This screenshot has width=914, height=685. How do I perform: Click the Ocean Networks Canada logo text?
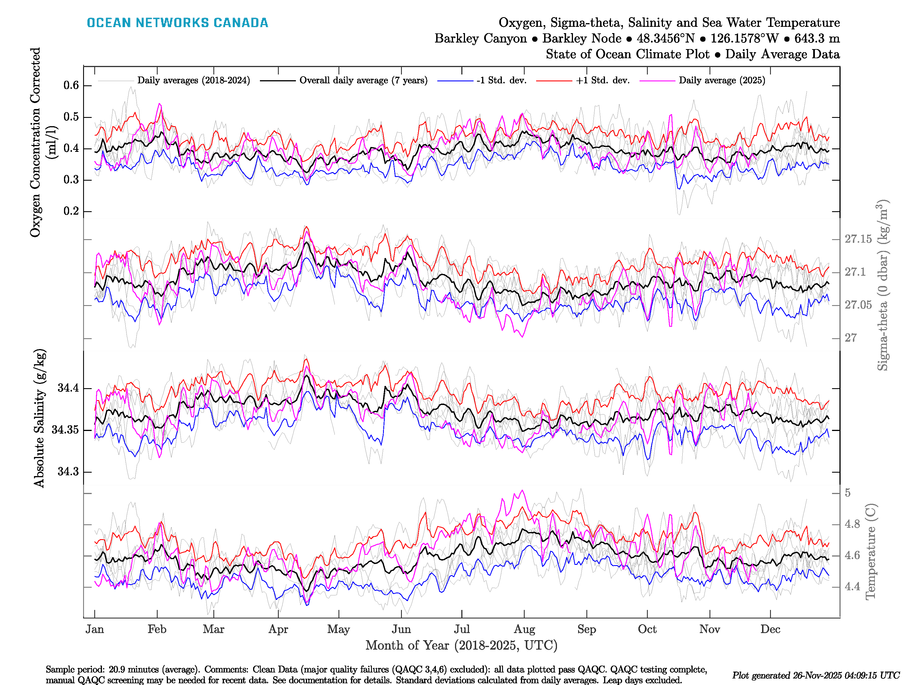pos(177,23)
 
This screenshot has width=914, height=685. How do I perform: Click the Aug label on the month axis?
pos(524,629)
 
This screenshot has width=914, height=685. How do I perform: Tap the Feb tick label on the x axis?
pos(157,629)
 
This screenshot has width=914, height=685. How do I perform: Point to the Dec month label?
pos(770,629)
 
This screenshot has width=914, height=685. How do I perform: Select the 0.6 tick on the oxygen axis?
pos(71,85)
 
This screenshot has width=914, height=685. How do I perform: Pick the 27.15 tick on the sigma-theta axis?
pos(858,239)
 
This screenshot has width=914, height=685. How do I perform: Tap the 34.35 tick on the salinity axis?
pos(65,430)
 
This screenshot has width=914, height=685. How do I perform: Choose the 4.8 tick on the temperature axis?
pos(852,524)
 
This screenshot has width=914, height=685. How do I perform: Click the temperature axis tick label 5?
pos(847,493)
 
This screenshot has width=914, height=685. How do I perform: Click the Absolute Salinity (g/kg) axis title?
pos(39,418)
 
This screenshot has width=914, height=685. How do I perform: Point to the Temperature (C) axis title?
pos(870,551)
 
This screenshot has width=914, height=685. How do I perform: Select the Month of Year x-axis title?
pos(461,645)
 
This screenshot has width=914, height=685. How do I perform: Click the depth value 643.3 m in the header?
pos(817,39)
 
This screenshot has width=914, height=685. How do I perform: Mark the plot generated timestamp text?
pos(816,676)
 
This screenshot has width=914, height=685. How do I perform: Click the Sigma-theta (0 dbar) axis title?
pos(882,285)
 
